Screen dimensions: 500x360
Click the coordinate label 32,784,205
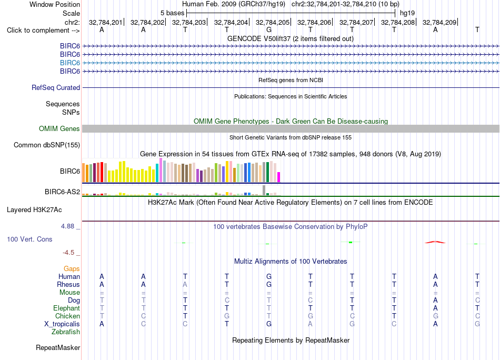click(x=272, y=22)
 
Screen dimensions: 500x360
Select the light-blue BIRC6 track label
click(x=70, y=63)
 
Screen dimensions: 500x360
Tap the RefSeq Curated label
click(x=56, y=88)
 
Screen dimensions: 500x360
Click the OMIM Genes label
click(x=59, y=128)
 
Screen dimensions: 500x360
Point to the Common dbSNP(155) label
click(x=47, y=145)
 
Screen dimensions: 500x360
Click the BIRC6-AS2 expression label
click(x=62, y=192)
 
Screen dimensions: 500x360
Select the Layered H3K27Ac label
click(x=34, y=210)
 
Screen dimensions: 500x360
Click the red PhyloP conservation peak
click(x=435, y=242)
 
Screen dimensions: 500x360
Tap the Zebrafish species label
click(x=66, y=332)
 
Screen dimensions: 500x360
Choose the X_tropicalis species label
click(x=62, y=324)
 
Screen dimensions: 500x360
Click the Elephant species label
click(x=67, y=308)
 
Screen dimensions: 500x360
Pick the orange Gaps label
click(x=72, y=269)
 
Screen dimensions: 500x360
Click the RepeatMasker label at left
click(x=58, y=347)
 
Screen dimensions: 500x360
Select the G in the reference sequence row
click(x=269, y=30)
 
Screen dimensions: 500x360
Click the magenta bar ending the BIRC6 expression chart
click(x=279, y=177)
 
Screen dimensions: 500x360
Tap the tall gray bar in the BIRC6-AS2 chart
click(x=264, y=190)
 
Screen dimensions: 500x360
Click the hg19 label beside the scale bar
click(x=407, y=13)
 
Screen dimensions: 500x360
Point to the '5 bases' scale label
click(x=172, y=13)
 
